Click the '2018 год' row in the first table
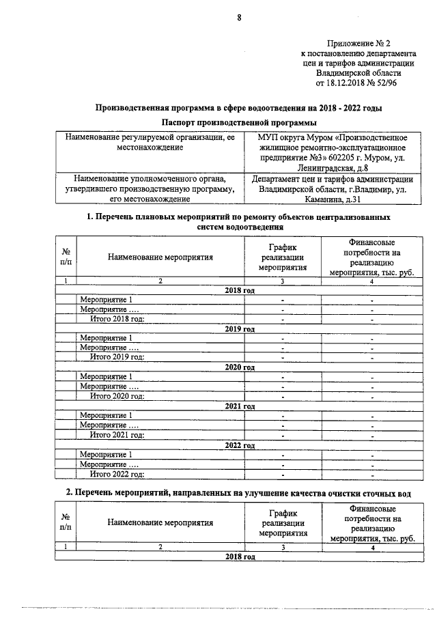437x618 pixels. pyautogui.click(x=240, y=290)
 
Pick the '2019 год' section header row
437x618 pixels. pyautogui.click(x=240, y=328)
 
